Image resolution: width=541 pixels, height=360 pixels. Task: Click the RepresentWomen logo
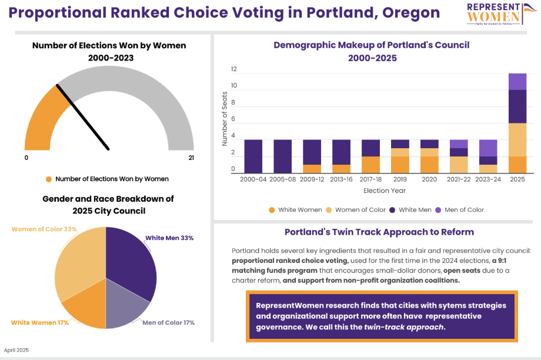[x=495, y=14]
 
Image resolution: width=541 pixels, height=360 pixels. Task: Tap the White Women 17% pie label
[x=40, y=322]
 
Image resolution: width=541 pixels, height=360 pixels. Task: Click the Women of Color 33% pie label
[x=44, y=229]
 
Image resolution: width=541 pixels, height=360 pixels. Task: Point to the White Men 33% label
[x=169, y=238]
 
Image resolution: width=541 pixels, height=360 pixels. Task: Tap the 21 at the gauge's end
[x=191, y=158]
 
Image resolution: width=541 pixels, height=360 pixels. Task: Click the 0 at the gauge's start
[x=26, y=158]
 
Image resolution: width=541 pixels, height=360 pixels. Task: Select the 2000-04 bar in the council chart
[x=253, y=156]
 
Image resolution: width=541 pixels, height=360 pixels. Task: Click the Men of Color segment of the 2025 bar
[x=517, y=82]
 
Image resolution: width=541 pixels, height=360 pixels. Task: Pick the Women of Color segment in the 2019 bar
[x=400, y=152]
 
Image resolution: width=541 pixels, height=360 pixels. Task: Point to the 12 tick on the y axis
[x=233, y=69]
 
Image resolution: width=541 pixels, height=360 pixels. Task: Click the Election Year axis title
[x=385, y=191]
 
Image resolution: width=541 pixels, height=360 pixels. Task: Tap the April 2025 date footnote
[x=16, y=350]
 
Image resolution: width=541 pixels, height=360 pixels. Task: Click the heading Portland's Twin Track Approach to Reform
[x=379, y=232]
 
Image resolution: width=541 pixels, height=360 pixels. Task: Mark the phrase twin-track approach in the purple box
[x=405, y=327]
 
